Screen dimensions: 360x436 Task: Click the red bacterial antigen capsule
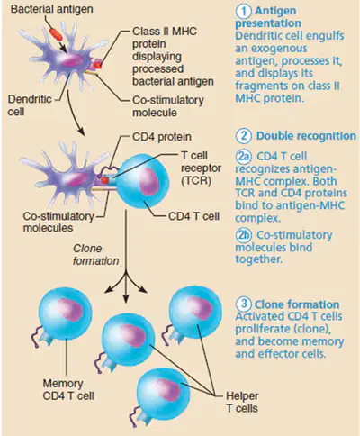tap(56, 34)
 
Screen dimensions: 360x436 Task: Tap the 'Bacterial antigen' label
tap(51, 9)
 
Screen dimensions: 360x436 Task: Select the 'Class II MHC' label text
tap(165, 32)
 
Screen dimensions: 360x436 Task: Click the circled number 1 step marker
tap(243, 11)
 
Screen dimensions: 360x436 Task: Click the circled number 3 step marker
tap(243, 304)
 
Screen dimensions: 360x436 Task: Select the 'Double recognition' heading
tap(306, 136)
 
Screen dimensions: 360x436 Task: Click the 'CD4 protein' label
tap(162, 137)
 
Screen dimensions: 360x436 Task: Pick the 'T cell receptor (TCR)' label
tap(201, 168)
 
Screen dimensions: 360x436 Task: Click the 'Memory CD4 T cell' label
tap(68, 389)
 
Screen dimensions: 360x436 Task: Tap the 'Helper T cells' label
tap(242, 402)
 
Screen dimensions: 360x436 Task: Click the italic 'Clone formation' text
tap(95, 255)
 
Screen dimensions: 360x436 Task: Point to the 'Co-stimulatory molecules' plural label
tap(58, 222)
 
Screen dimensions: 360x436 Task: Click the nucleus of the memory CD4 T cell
tap(70, 310)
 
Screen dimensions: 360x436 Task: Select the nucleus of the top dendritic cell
tap(71, 60)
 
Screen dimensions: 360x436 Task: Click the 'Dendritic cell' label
tap(30, 105)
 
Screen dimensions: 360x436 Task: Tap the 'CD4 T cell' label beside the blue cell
tap(193, 216)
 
